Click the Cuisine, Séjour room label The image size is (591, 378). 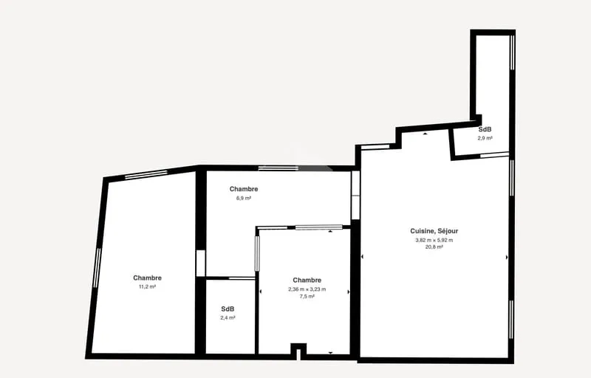click(x=434, y=231)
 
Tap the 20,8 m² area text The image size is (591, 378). click(x=434, y=247)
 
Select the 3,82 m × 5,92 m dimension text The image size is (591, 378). click(x=434, y=240)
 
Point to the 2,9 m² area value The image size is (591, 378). click(x=485, y=138)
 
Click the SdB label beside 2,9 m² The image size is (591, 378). click(x=485, y=129)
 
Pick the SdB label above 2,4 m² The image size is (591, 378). click(x=228, y=309)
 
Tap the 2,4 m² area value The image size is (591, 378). click(x=228, y=317)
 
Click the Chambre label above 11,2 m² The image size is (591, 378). click(x=147, y=278)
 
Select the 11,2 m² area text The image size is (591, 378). click(x=147, y=286)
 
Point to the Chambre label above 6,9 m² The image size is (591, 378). click(x=244, y=189)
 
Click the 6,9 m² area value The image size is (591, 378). click(x=244, y=198)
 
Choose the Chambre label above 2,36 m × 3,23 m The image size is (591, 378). click(x=307, y=280)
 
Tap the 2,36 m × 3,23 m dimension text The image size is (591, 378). click(x=307, y=289)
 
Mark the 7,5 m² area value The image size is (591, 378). click(x=307, y=296)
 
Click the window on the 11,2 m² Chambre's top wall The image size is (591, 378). click(x=146, y=174)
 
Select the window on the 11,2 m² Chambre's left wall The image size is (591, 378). click(x=97, y=268)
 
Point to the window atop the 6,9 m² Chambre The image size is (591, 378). click(x=279, y=168)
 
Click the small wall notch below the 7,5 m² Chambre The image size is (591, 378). click(x=298, y=351)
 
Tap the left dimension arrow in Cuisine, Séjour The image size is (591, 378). click(x=362, y=257)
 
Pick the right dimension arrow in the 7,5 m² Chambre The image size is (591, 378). click(x=348, y=292)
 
